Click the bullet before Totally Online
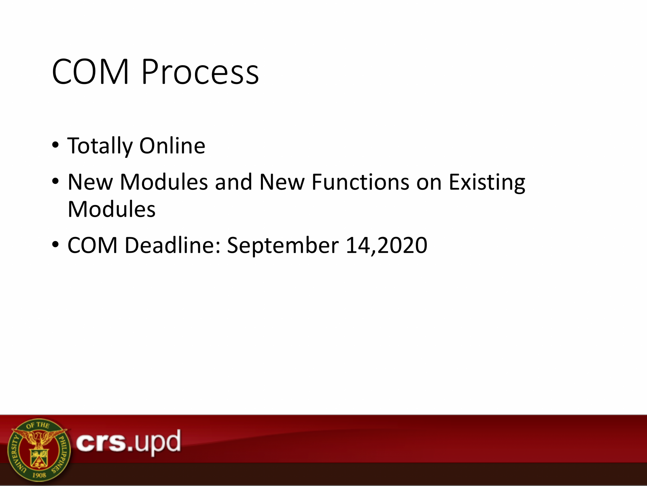(56, 145)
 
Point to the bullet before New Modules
(56, 182)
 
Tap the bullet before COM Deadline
(56, 245)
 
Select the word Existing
(487, 183)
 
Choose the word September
(283, 246)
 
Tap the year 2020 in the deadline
(402, 245)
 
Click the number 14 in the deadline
(358, 245)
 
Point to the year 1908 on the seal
(39, 475)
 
